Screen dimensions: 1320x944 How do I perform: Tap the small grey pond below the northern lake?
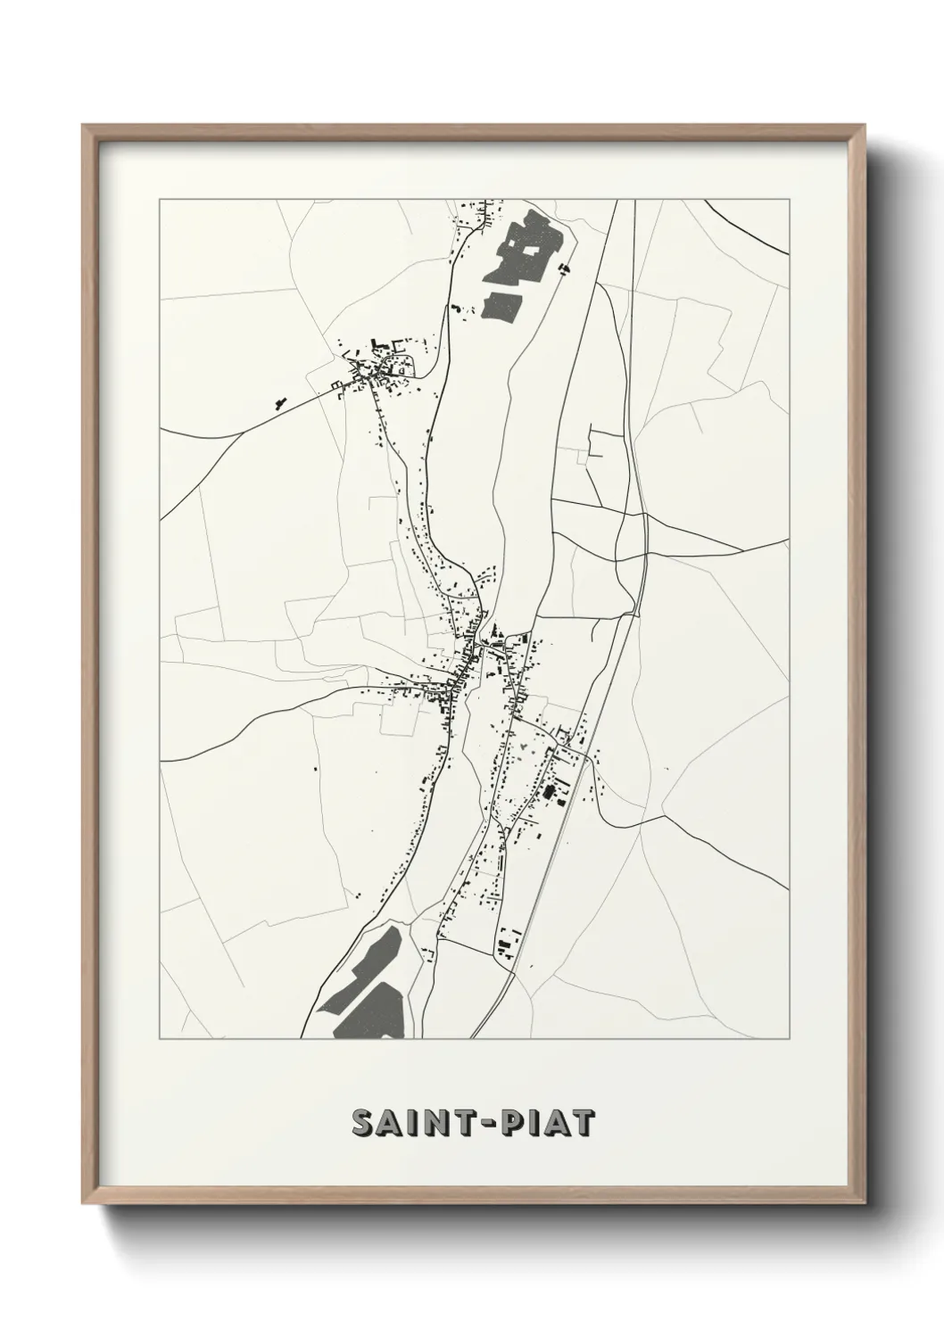(x=502, y=302)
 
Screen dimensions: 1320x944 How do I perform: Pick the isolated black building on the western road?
(x=279, y=403)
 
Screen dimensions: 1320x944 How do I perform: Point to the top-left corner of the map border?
(x=160, y=200)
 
